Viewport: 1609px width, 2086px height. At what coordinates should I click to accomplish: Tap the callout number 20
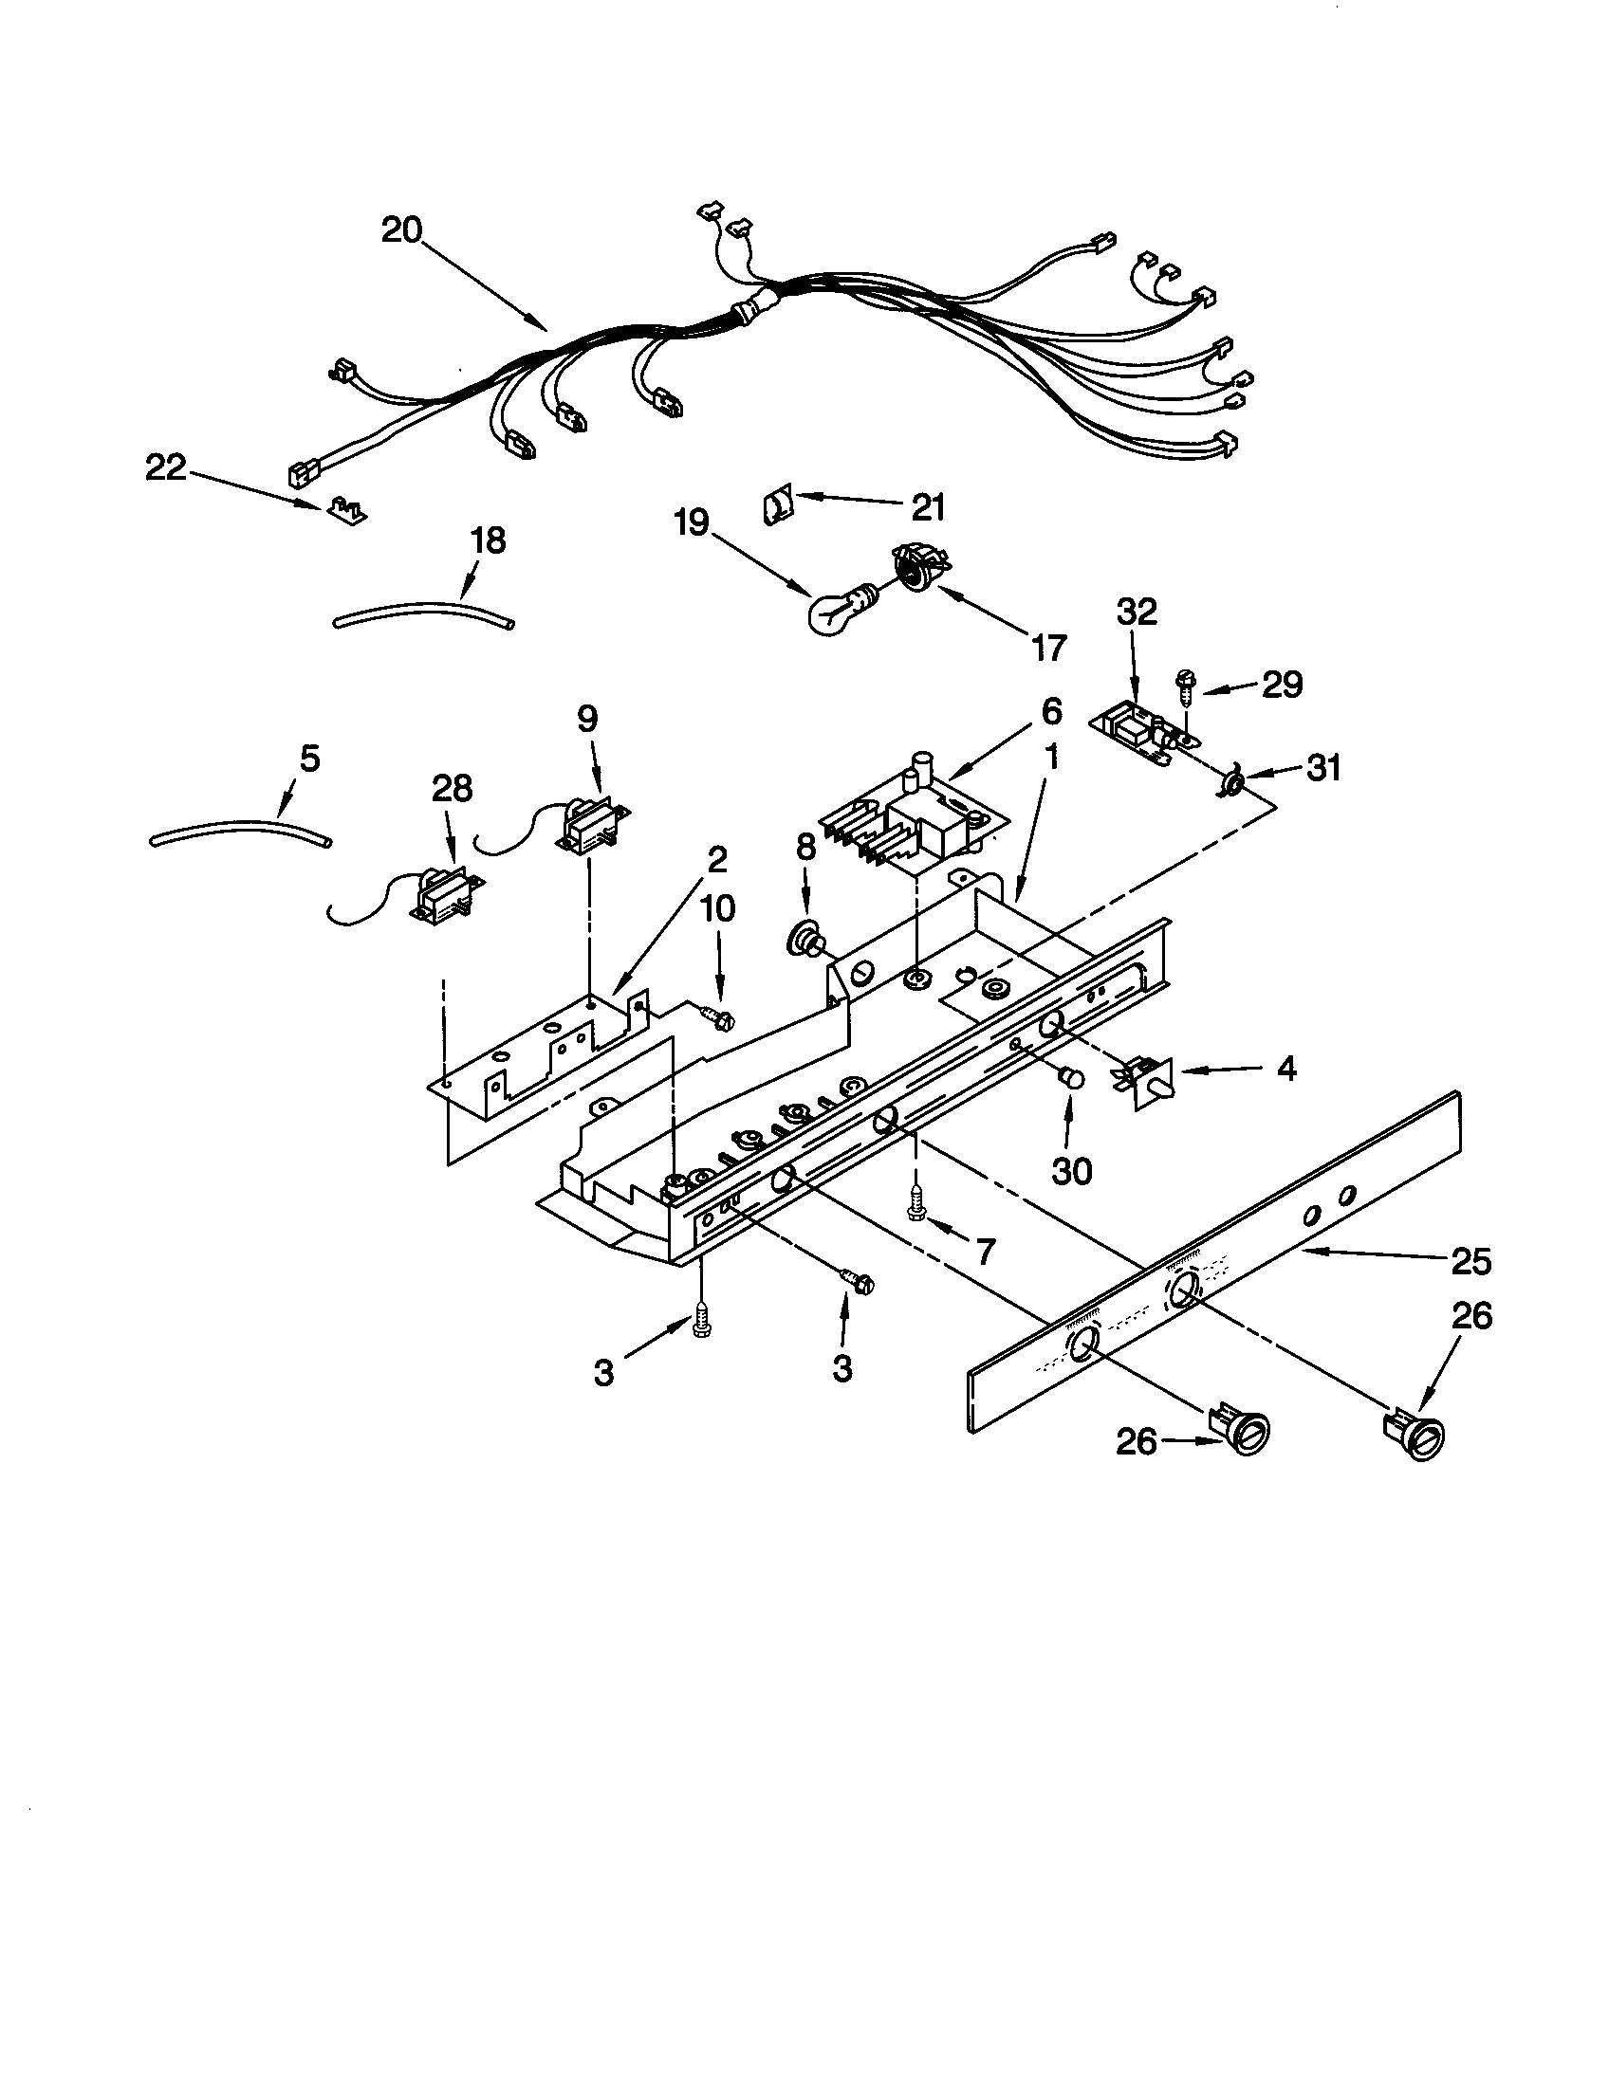coord(402,230)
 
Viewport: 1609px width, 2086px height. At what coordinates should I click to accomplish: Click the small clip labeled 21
coord(779,504)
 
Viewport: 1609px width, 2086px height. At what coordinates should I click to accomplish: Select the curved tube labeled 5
coord(241,831)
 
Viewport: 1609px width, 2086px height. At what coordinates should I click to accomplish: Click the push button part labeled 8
coord(805,942)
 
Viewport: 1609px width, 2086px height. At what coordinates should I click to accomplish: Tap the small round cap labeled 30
coord(1072,1080)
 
